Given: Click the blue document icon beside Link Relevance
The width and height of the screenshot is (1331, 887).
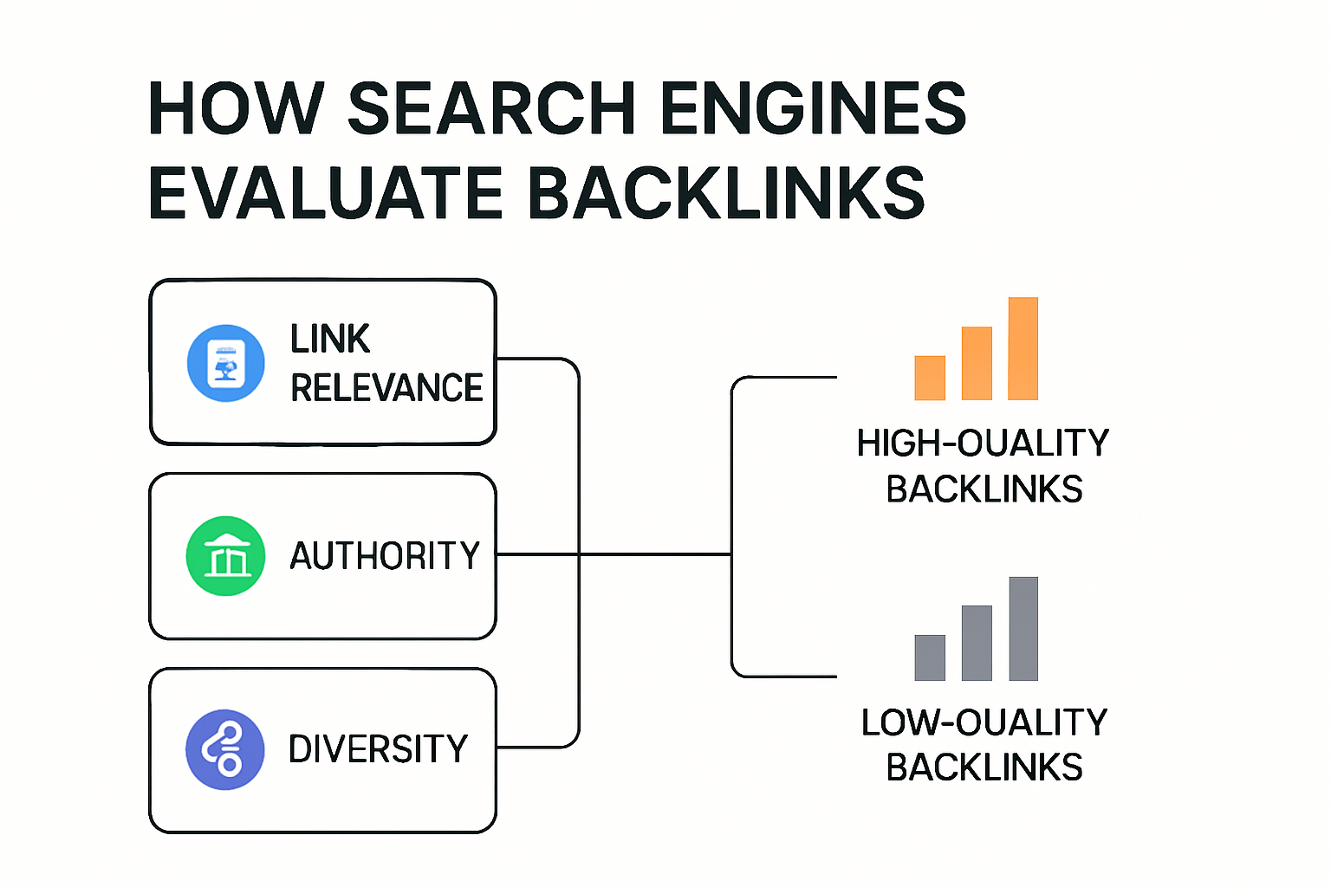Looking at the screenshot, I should [226, 363].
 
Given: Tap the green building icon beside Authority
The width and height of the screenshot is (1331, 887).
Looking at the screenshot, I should [225, 555].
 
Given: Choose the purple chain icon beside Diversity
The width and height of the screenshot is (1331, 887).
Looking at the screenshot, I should [225, 749].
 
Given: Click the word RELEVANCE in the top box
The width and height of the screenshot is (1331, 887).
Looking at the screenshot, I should [386, 388].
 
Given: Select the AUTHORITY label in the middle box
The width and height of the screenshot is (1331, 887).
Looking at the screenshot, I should [385, 556].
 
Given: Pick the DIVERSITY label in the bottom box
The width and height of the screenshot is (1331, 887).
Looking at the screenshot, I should [379, 749].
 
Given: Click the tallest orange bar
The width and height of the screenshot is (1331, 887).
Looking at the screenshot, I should [1023, 348].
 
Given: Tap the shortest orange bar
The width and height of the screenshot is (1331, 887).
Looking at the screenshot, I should [930, 378].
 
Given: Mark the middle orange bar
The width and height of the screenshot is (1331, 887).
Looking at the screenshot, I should [977, 363].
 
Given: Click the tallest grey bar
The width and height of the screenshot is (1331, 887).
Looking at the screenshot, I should [1023, 628].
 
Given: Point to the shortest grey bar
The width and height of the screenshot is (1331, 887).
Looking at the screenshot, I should [930, 657].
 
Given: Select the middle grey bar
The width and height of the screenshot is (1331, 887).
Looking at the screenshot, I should [977, 643].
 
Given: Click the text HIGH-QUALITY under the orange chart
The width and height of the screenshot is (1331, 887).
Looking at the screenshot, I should [983, 443].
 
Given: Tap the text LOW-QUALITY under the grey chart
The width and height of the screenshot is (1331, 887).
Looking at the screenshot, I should [984, 722].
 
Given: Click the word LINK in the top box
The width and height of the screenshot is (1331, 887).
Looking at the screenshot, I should [330, 339].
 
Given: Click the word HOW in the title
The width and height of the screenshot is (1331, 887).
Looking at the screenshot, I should [234, 108].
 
